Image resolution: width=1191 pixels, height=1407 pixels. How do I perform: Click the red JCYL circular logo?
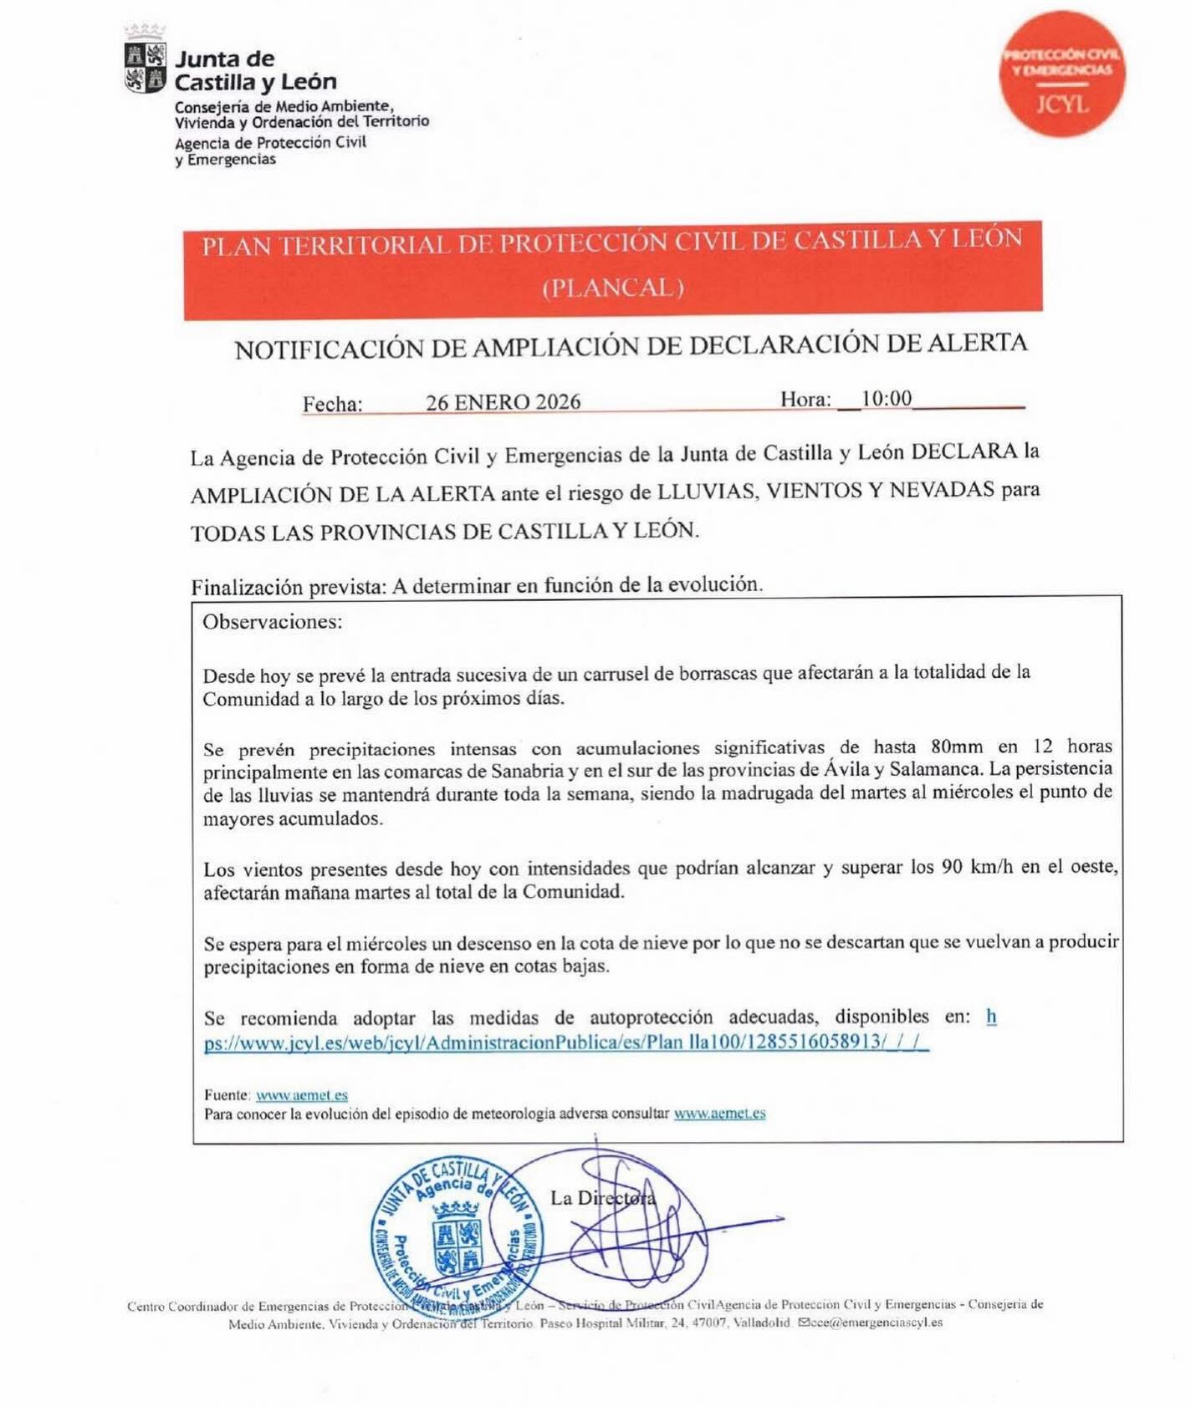tap(1062, 74)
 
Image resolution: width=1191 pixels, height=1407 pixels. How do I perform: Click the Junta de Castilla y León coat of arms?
tap(145, 68)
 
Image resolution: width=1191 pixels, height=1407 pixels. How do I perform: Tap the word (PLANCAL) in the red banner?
tap(613, 288)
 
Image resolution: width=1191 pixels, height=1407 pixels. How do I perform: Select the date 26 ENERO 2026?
tap(503, 402)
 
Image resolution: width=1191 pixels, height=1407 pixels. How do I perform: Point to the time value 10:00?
tap(887, 398)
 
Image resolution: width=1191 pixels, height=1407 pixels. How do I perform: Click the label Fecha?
tap(332, 405)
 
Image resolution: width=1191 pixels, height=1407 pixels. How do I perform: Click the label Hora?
tap(805, 400)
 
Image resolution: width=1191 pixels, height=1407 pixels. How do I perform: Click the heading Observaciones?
tap(272, 622)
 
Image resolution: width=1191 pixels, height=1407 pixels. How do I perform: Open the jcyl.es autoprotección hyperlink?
tap(565, 1042)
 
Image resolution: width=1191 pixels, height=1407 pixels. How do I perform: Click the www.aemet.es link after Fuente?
tap(301, 1095)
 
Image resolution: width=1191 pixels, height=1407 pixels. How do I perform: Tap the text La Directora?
tap(602, 1198)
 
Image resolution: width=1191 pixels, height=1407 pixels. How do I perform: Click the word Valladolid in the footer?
tap(761, 1323)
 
